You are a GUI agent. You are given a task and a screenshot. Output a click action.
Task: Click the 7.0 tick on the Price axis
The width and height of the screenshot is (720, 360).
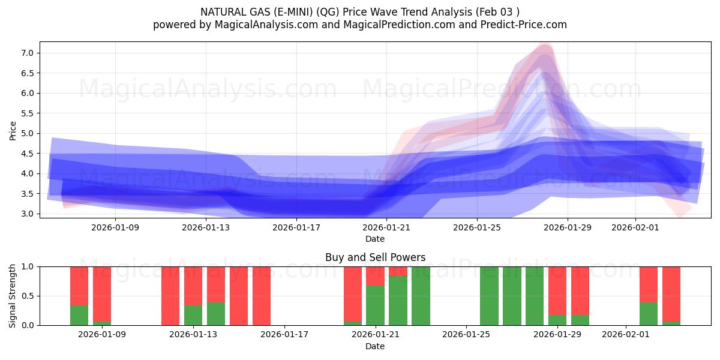(26, 53)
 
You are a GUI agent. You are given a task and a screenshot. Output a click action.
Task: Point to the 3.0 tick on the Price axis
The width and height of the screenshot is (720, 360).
(26, 214)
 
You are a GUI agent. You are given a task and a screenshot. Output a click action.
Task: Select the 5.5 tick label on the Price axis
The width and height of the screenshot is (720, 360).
(26, 113)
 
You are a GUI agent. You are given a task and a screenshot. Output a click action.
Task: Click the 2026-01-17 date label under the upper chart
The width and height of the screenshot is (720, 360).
(296, 227)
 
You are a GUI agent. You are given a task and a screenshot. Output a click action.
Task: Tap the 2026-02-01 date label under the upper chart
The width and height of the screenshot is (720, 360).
(635, 227)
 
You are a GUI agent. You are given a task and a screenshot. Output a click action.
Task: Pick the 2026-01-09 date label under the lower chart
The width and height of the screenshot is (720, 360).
(102, 335)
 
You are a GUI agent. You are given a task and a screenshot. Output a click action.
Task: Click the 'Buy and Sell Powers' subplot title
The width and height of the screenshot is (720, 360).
(375, 257)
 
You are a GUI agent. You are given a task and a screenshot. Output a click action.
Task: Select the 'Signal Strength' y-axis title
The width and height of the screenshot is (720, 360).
(13, 296)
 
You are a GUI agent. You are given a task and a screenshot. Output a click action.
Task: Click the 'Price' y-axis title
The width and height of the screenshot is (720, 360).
(13, 130)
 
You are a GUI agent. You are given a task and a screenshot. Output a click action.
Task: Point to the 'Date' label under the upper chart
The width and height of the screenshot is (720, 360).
(375, 239)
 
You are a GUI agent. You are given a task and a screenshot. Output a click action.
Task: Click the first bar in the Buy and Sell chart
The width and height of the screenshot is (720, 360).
(79, 296)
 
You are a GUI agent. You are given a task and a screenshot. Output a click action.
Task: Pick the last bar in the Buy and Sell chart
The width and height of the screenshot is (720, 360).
(671, 296)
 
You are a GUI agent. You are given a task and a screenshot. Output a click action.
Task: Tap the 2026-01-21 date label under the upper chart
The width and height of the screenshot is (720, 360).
(387, 227)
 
